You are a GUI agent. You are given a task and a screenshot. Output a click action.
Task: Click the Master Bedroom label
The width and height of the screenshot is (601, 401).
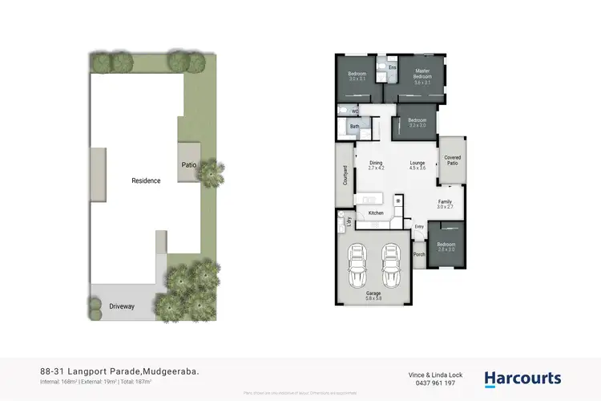422,75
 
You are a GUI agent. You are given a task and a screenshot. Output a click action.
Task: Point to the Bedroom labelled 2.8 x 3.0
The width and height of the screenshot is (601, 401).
446,247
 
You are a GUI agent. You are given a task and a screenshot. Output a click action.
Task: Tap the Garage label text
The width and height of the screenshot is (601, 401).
374,295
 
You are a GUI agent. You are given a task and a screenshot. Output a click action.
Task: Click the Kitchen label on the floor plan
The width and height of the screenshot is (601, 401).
375,213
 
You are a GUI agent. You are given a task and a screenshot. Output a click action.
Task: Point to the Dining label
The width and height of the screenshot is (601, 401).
377,164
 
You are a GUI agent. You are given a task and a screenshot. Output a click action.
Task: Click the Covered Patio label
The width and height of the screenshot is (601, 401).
451,160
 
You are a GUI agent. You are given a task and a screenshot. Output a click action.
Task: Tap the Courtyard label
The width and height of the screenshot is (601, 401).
345,176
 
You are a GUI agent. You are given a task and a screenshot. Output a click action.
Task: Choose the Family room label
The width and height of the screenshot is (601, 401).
445,204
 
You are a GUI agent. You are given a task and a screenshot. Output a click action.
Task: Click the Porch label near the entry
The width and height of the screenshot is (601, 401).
418,255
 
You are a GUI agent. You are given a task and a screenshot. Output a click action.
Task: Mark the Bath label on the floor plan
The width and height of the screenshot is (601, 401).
354,127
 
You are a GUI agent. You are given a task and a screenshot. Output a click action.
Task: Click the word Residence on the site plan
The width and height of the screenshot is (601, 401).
146,180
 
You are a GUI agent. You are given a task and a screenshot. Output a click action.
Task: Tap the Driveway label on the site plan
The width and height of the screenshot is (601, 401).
122,306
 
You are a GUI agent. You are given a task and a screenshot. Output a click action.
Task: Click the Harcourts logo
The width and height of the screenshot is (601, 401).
522,379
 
